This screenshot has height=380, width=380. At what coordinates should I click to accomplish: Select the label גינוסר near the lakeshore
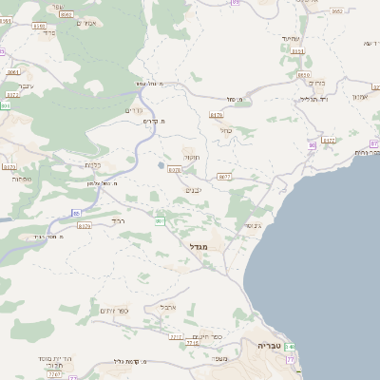click(x=252, y=225)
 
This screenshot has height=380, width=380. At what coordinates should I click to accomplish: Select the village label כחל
click(x=224, y=130)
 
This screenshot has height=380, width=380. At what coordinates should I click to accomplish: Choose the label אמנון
click(x=359, y=97)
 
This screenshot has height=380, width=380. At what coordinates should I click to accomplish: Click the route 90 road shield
click(x=312, y=144)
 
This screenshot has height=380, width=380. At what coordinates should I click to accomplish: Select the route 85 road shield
click(x=76, y=213)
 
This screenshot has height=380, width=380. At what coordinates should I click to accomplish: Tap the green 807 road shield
click(x=160, y=220)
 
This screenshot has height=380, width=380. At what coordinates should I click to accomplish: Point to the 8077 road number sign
click(x=224, y=177)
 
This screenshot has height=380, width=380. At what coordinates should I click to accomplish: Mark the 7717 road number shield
click(x=175, y=337)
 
